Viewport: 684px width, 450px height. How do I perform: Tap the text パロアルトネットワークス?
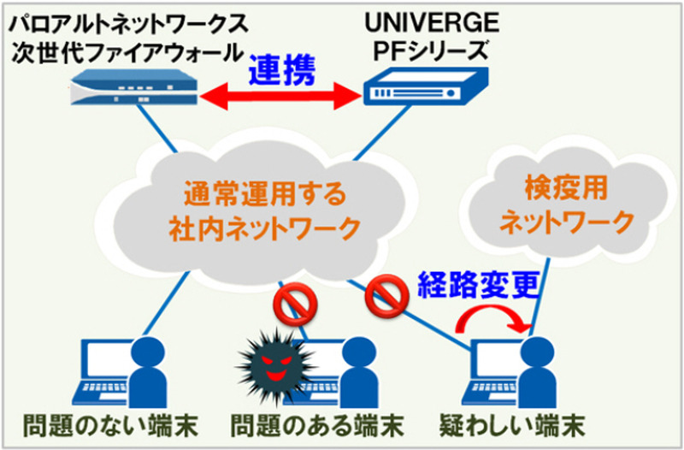pos(127,19)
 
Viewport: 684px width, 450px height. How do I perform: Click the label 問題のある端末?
pos(316,425)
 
